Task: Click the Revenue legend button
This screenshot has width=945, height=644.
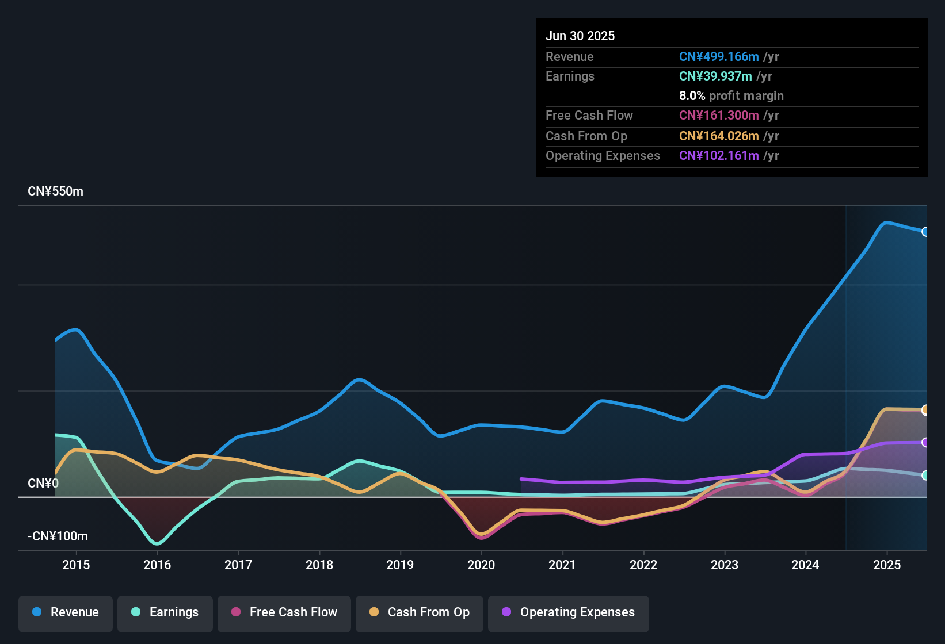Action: point(66,612)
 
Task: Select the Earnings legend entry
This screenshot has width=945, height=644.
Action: point(165,612)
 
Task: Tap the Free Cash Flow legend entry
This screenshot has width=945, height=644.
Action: point(284,612)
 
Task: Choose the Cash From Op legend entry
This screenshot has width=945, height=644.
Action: point(420,612)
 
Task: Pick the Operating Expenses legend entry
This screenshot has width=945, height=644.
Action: point(569,612)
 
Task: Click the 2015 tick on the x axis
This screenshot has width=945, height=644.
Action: point(76,565)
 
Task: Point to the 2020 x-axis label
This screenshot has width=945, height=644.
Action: point(481,565)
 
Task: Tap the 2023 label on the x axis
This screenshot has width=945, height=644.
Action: point(725,565)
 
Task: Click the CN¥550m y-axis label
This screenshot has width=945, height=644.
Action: point(55,191)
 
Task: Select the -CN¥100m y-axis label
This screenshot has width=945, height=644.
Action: point(58,536)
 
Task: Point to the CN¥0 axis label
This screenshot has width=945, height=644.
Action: point(43,484)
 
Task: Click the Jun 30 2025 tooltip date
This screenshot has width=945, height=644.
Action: point(580,36)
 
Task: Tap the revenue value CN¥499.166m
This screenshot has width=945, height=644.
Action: point(719,57)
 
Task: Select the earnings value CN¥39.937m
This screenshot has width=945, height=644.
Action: point(715,76)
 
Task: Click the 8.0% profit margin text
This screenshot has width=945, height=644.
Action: point(731,96)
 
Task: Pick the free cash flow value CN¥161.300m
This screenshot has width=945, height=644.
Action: point(719,116)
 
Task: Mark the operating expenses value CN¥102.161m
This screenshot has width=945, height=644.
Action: point(719,156)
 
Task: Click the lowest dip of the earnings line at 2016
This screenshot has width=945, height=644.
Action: point(157,543)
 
